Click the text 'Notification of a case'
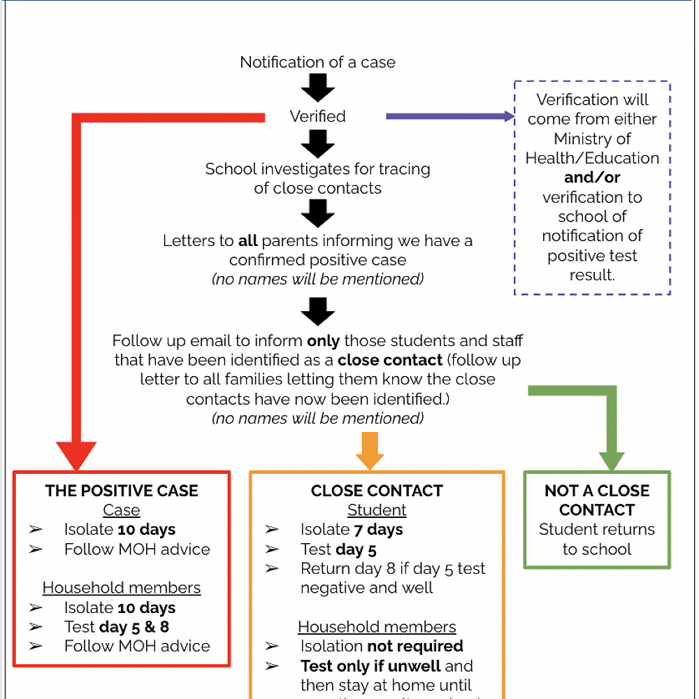pyautogui.click(x=317, y=62)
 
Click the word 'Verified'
pyautogui.click(x=317, y=116)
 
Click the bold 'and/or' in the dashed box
pyautogui.click(x=592, y=178)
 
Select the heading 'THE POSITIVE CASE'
pyautogui.click(x=122, y=491)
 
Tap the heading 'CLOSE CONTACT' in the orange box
pyautogui.click(x=377, y=491)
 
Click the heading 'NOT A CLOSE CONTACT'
pyautogui.click(x=597, y=500)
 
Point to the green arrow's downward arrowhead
pyautogui.click(x=612, y=461)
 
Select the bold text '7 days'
pyautogui.click(x=377, y=530)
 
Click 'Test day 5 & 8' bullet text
pyautogui.click(x=116, y=627)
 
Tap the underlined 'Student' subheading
pyautogui.click(x=377, y=510)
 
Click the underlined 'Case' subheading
pyautogui.click(x=122, y=510)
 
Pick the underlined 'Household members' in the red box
pyautogui.click(x=122, y=588)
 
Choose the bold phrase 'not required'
pyautogui.click(x=417, y=647)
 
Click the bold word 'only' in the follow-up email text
pyautogui.click(x=323, y=342)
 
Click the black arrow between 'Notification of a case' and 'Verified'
pyautogui.click(x=317, y=89)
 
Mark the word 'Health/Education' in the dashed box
pyautogui.click(x=592, y=158)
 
